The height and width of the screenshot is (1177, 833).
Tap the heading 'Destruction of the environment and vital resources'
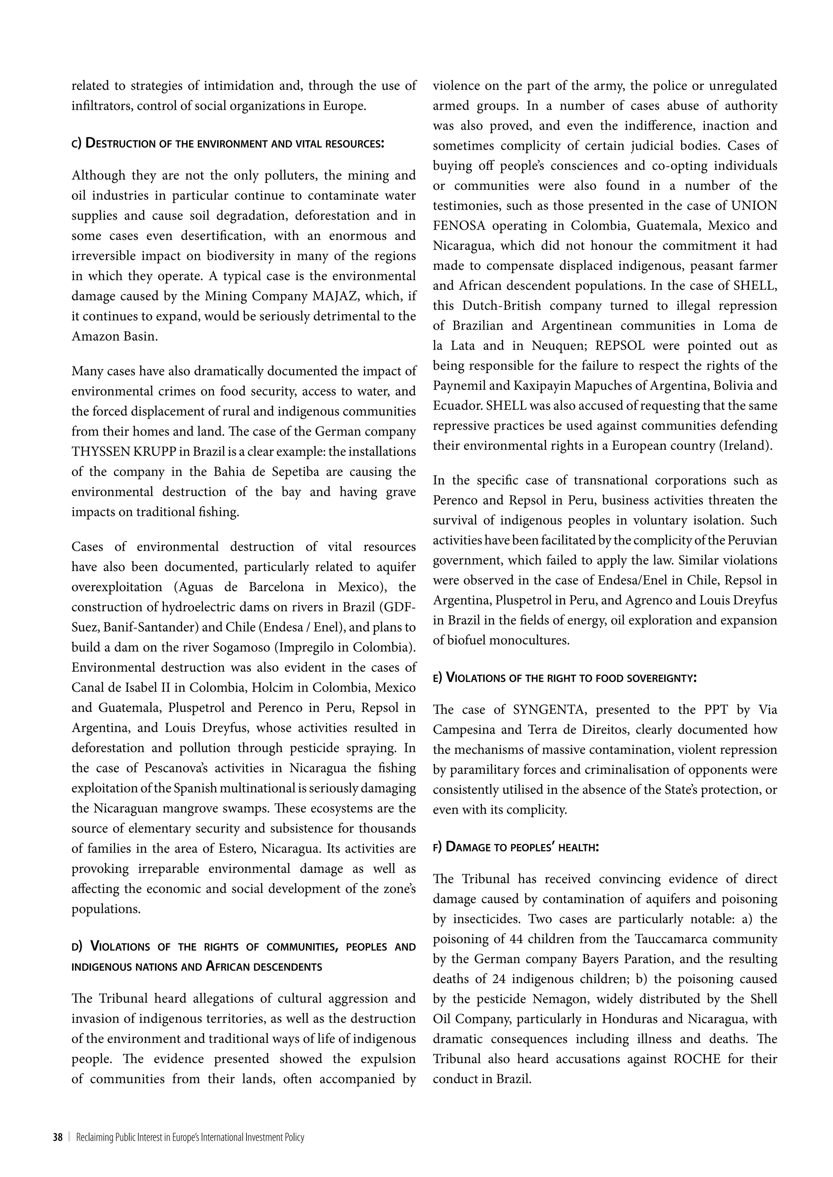coord(228,143)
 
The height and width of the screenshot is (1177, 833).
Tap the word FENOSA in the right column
coord(458,226)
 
